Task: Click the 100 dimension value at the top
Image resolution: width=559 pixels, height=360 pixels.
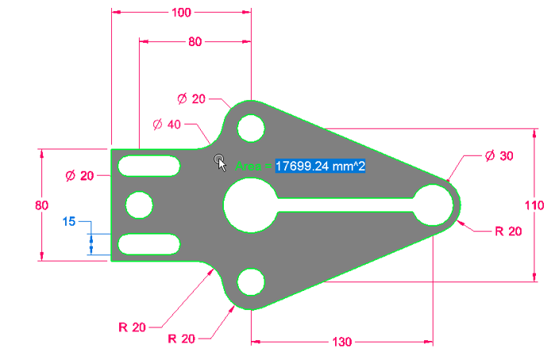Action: [x=181, y=12]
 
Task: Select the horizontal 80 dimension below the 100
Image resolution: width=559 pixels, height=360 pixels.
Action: [x=195, y=43]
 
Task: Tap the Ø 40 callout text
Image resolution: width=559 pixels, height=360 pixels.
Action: [x=167, y=125]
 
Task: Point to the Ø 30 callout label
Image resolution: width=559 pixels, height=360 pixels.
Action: [x=499, y=157]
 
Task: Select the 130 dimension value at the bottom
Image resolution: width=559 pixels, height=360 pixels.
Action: [x=341, y=342]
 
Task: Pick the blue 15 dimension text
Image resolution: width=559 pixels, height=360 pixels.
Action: [x=69, y=222]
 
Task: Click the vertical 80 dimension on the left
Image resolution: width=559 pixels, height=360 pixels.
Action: [x=41, y=205]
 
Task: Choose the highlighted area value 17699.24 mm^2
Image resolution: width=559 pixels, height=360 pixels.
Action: [x=320, y=166]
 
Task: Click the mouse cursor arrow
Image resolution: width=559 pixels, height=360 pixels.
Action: [x=222, y=162]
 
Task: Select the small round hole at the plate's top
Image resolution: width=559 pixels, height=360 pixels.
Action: [x=251, y=127]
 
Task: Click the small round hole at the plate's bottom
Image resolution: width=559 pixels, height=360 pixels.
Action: [x=251, y=281]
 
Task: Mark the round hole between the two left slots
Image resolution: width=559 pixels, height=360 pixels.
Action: [x=140, y=205]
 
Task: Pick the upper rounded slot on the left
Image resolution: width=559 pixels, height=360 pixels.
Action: [x=148, y=165]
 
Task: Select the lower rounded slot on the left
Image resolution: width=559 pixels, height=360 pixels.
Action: [x=148, y=243]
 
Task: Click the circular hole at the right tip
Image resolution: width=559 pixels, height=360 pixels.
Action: [x=433, y=204]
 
